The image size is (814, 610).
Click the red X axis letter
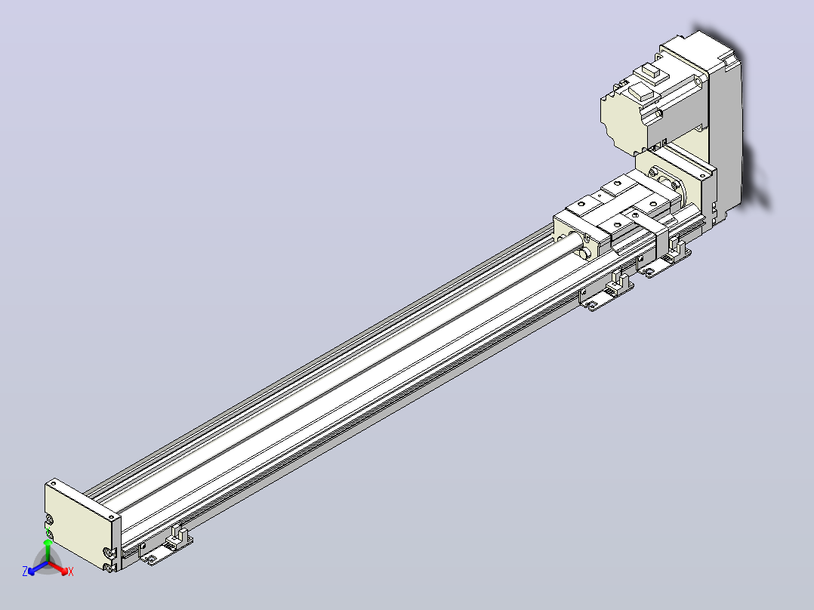(x=71, y=571)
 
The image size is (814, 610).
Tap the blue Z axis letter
(x=25, y=571)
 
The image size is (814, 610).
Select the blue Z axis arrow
(x=38, y=568)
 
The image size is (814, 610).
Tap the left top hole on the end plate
(x=53, y=484)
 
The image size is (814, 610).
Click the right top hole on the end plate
(x=111, y=518)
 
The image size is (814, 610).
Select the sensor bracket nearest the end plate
(x=166, y=546)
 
